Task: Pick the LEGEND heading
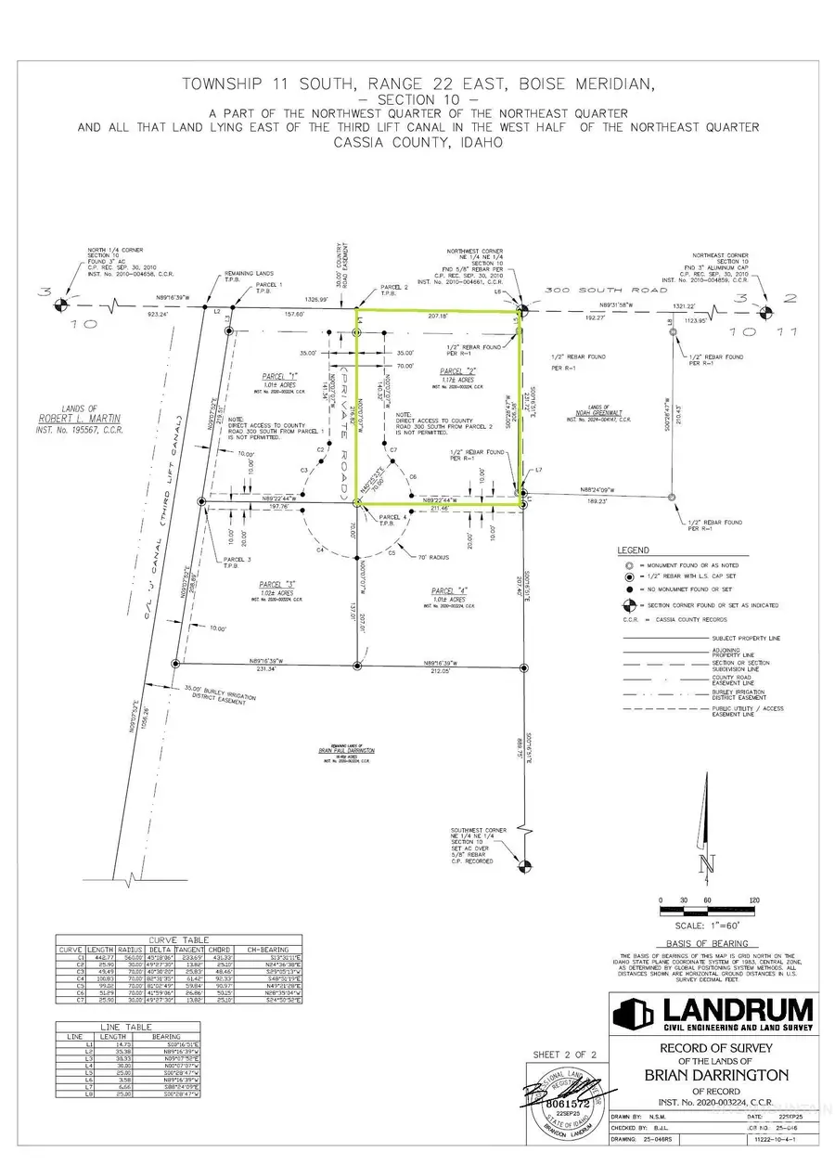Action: pyautogui.click(x=633, y=550)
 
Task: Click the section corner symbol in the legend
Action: pyautogui.click(x=629, y=605)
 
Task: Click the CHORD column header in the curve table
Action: pyautogui.click(x=223, y=949)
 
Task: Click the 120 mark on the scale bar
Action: pyautogui.click(x=754, y=900)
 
